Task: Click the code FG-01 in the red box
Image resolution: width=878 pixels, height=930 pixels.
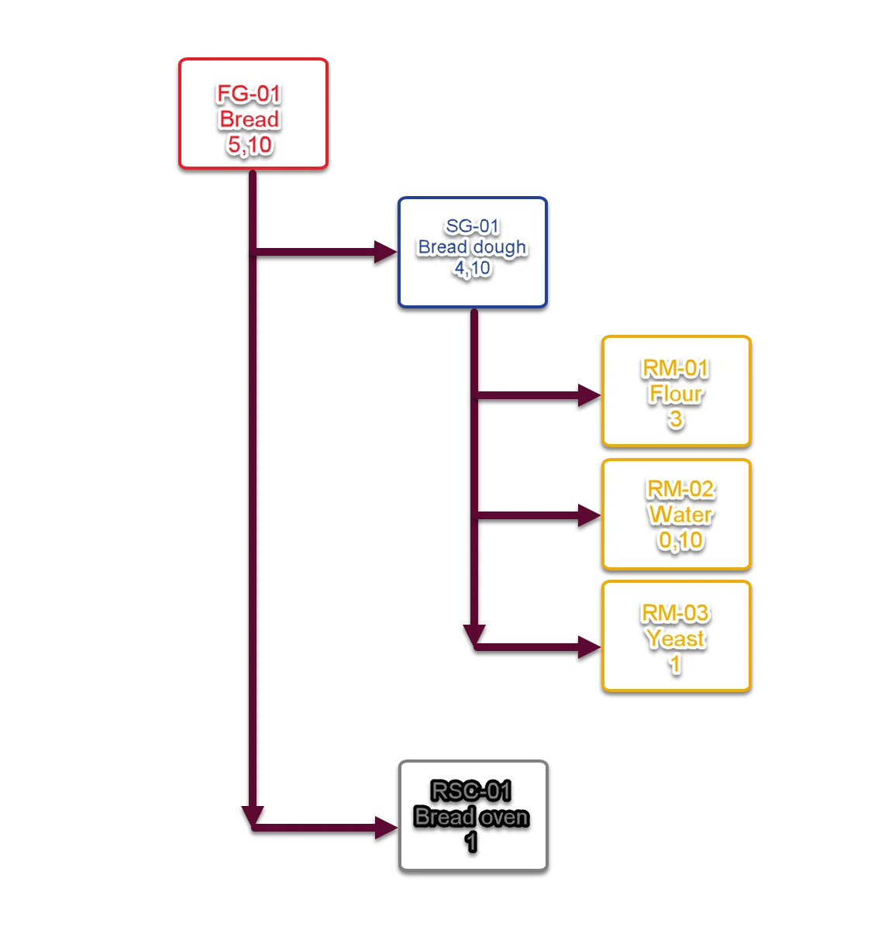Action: tap(249, 95)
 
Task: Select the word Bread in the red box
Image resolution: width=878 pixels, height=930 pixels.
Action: tap(249, 119)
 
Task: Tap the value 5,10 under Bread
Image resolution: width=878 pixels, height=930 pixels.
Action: tap(250, 145)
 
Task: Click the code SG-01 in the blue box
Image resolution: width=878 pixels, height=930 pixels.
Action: tap(472, 226)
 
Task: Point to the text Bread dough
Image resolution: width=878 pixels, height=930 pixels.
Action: tap(472, 247)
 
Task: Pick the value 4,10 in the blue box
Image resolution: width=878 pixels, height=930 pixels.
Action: tap(472, 268)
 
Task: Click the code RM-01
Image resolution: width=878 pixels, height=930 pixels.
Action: tap(676, 369)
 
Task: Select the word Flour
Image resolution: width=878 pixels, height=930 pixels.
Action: tap(676, 394)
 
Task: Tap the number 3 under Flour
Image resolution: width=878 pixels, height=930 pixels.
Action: tap(676, 419)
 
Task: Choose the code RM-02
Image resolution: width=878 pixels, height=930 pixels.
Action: tap(680, 490)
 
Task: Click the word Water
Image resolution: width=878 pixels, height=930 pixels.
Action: tap(680, 515)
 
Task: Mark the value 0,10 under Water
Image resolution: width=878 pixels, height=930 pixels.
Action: tap(680, 540)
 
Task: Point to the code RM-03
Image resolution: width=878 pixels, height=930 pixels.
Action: tap(675, 614)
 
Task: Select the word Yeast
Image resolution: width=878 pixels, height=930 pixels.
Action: tap(675, 639)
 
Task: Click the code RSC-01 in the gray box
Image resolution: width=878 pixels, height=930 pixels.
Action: tap(471, 791)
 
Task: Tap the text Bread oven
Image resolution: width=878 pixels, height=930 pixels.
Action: tap(471, 817)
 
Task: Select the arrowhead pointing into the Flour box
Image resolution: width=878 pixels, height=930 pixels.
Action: tap(588, 394)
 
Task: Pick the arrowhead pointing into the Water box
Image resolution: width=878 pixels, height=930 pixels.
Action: tap(588, 515)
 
